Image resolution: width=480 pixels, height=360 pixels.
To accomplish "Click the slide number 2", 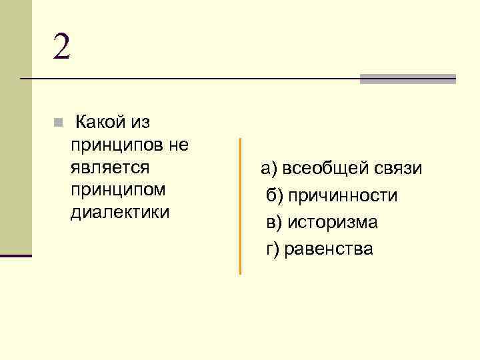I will pos(61,46).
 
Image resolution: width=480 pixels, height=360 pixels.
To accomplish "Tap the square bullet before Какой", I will pos(58,123).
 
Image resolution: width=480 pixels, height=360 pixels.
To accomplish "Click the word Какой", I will pos(100,122).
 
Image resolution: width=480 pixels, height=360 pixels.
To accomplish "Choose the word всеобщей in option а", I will pos(323,169).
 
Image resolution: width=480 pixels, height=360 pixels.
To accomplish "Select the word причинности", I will pos(343,195).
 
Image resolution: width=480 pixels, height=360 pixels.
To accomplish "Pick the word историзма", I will pos(332,222).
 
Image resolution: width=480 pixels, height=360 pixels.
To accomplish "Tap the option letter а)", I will pos(269,169).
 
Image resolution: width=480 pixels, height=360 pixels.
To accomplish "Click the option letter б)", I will pos(275,195).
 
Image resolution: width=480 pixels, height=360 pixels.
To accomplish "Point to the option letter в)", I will pos(274,222).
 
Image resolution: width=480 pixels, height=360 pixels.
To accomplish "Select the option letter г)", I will pos(272,249).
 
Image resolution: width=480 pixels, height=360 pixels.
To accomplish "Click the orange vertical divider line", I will pos(240,207).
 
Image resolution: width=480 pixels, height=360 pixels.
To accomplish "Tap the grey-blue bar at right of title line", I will pos(407,79).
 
